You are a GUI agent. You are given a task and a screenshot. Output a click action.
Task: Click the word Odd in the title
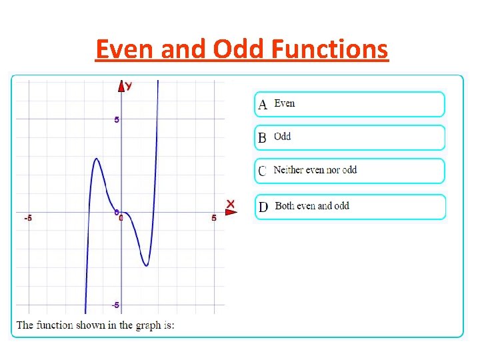(x=233, y=49)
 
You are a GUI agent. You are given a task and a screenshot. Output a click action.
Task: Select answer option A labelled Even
(x=349, y=104)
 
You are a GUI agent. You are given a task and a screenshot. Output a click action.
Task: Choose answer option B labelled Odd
(x=349, y=137)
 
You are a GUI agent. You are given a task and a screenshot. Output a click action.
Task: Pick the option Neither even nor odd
(x=349, y=171)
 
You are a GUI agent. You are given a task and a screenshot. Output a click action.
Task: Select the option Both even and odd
(x=349, y=207)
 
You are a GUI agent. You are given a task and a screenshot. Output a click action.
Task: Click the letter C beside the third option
(x=262, y=171)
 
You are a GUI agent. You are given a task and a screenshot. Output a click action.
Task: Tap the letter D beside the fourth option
(x=263, y=207)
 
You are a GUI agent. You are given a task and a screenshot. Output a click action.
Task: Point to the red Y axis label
(x=129, y=85)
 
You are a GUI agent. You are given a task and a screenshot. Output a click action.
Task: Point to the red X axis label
(x=230, y=203)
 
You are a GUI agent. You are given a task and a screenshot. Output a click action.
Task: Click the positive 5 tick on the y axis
(x=116, y=120)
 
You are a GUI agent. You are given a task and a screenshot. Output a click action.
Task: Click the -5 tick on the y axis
(x=115, y=305)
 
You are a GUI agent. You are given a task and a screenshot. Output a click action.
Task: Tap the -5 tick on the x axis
(x=28, y=218)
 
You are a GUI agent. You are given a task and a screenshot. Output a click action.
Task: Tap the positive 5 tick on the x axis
(x=213, y=218)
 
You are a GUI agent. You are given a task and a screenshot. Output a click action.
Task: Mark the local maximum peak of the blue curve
(x=97, y=159)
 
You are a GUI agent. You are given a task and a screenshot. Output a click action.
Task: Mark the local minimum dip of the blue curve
(x=146, y=266)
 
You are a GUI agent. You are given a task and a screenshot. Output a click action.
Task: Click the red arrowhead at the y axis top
(x=121, y=85)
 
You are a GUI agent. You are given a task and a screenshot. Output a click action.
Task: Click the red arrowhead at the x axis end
(x=231, y=212)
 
